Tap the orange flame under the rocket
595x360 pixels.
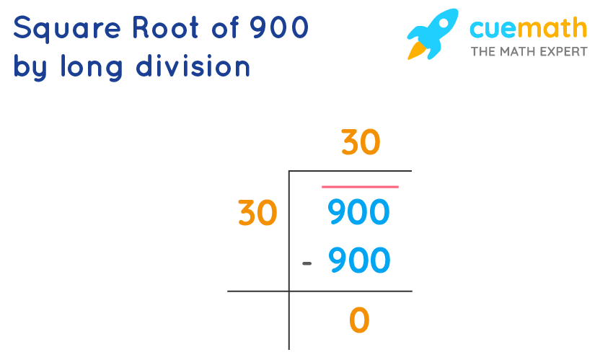tap(416, 51)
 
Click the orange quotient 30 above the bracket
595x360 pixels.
tap(360, 143)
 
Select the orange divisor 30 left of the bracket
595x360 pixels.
tap(257, 213)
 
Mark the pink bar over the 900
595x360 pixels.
tap(359, 187)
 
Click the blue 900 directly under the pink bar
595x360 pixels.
tap(358, 213)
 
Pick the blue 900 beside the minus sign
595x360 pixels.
tap(358, 260)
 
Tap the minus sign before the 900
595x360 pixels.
tap(307, 263)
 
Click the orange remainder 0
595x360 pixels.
tap(358, 320)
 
